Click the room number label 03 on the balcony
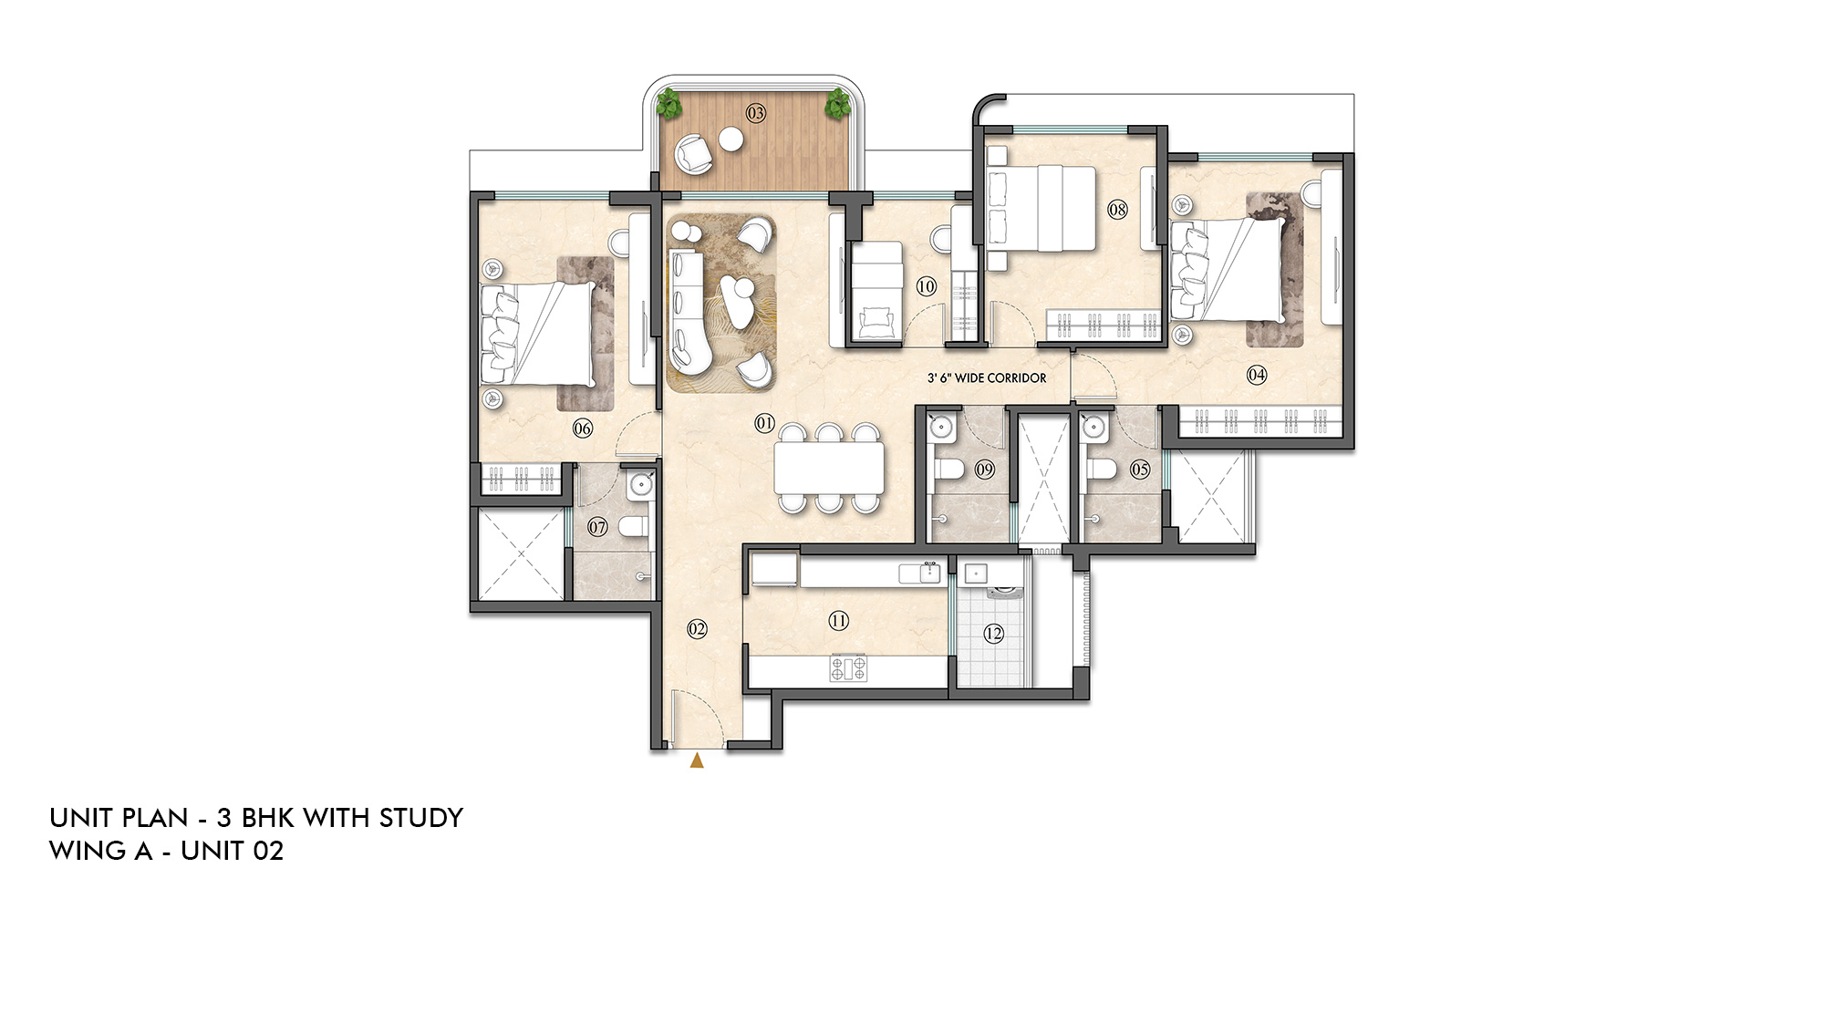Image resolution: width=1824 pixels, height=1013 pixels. (x=756, y=113)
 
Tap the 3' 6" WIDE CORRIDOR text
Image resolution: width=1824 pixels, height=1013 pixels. (x=987, y=378)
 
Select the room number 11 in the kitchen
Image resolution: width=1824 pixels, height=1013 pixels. (x=839, y=621)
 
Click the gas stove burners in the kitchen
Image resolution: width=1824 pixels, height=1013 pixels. (x=848, y=669)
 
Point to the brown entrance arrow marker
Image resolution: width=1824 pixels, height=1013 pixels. (x=697, y=760)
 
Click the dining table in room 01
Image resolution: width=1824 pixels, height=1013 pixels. (x=829, y=467)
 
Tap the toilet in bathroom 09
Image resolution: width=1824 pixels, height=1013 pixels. (x=948, y=470)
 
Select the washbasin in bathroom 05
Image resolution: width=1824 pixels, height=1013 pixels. (x=1094, y=426)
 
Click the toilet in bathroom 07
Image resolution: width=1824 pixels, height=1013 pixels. (x=632, y=526)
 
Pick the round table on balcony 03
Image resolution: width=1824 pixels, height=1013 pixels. (x=731, y=140)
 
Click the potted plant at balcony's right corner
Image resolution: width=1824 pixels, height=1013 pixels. (x=836, y=104)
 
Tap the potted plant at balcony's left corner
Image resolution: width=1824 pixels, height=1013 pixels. (x=670, y=105)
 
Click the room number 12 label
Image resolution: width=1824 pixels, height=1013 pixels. (x=993, y=633)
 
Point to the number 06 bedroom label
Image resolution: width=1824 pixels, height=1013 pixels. (x=583, y=429)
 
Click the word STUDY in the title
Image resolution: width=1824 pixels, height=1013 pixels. (x=420, y=818)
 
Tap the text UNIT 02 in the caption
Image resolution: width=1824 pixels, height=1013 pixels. (x=232, y=851)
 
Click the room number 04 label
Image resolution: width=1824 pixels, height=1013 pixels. (x=1257, y=374)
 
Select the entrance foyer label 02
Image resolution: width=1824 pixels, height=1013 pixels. (x=697, y=629)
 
